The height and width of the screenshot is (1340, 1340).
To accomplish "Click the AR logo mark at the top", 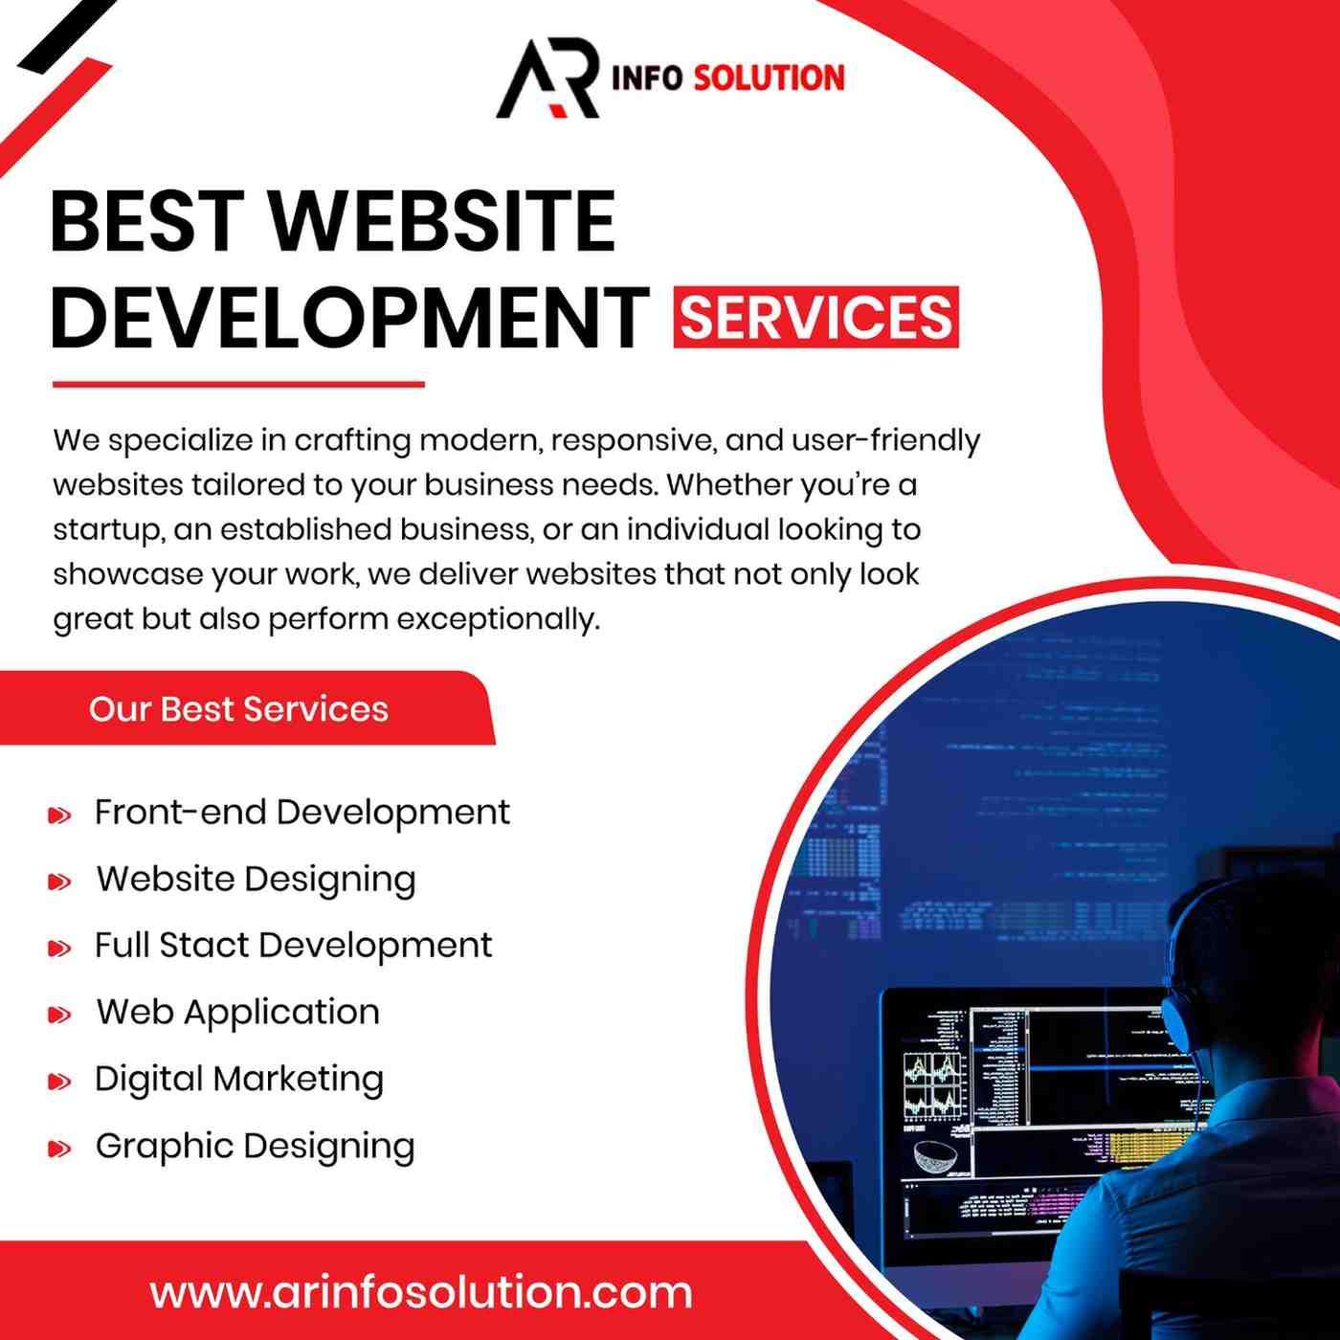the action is point(547,78).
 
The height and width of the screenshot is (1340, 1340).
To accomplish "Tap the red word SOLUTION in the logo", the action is point(770,78).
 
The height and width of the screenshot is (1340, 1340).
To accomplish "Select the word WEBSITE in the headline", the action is point(442,221).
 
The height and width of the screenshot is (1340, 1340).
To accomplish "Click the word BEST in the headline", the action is point(148,221).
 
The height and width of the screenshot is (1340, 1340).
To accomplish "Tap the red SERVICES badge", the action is point(815,317).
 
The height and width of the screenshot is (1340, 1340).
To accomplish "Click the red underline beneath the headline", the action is point(238,384).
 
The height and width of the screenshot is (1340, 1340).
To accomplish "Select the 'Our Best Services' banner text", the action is point(238,709).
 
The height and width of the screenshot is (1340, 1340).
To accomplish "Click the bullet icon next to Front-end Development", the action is point(59,815).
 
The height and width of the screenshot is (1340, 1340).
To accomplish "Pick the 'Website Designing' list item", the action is point(256,880).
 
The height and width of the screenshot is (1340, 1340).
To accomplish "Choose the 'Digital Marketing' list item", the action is point(239,1080).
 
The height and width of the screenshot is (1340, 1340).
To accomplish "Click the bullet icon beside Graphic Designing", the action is point(59,1149).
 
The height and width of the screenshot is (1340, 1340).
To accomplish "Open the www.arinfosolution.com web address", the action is point(421,1293).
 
